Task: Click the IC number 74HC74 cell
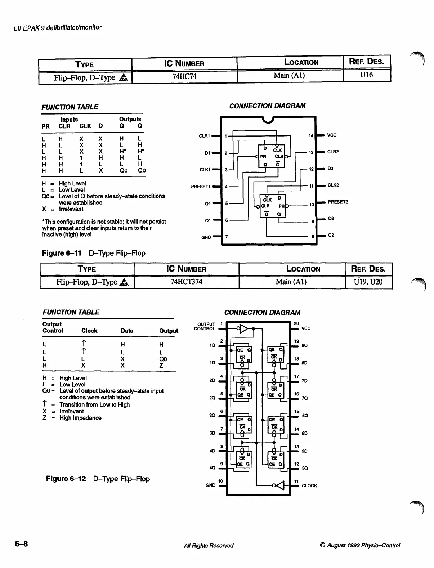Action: [184, 76]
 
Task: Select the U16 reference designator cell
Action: [367, 75]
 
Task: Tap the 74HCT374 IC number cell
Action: [186, 282]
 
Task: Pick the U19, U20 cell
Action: [368, 282]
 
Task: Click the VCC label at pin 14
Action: [331, 135]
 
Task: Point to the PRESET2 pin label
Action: [337, 202]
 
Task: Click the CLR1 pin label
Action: [204, 136]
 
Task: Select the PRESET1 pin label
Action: [200, 187]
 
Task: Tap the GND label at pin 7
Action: [206, 237]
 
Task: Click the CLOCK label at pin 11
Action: [309, 486]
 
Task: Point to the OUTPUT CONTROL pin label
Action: [205, 326]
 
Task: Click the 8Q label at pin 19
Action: [304, 345]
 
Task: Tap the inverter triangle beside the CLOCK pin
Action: [279, 486]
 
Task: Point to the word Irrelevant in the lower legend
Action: [71, 411]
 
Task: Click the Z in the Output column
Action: [161, 366]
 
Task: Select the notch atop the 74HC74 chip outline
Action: [268, 119]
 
